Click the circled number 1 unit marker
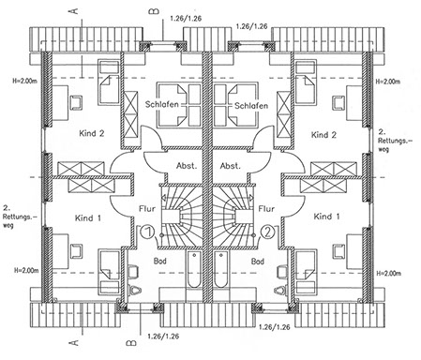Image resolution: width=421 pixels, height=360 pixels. pos(147,232)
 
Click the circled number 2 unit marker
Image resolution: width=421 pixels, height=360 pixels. pos(269,232)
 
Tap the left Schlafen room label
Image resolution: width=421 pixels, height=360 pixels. pos(161,104)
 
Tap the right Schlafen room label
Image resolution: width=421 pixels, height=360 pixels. pos(251,106)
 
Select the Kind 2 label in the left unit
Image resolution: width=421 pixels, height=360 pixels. pos(92,133)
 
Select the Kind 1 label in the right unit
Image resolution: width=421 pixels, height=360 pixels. pos(326,217)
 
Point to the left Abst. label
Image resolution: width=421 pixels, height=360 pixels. pos(187,166)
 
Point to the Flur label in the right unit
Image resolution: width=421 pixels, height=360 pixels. pos(266,208)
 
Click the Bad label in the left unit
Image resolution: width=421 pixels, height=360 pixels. pos(160,261)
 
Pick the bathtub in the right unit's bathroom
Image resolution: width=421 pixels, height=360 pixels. pos(221,269)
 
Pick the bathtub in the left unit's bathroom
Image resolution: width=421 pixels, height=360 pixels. pos(194,269)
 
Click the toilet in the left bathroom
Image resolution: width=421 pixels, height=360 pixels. pos(134,291)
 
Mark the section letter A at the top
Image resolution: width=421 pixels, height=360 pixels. pos(74,11)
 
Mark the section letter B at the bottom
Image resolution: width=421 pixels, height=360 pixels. pos(131,343)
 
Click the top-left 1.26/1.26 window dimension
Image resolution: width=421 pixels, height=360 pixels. pos(186,19)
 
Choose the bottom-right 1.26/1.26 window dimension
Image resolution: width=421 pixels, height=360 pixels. pos(275,327)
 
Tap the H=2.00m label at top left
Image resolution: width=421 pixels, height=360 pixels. pos(25,81)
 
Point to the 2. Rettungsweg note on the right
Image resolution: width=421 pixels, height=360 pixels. pos(395,141)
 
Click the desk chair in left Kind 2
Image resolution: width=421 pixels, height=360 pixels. pos(76,103)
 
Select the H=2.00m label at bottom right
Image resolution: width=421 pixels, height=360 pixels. pos(388,274)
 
